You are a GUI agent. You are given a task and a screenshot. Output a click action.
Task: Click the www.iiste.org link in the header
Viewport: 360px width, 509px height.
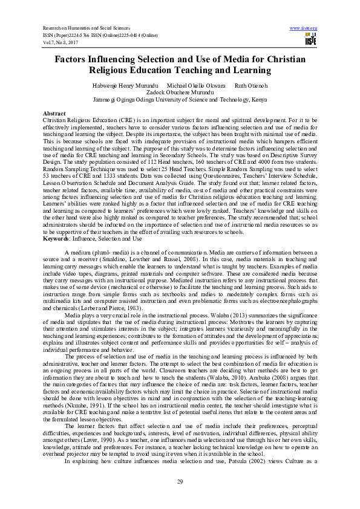(304, 28)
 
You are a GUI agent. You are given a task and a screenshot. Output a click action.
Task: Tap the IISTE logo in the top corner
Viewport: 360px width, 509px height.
(311, 41)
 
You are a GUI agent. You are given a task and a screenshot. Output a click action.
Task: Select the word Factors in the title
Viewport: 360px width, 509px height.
(74, 60)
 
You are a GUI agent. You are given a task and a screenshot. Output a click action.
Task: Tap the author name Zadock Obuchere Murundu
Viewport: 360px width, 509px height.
(180, 93)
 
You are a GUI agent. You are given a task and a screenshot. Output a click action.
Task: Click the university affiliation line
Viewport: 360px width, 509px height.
(180, 100)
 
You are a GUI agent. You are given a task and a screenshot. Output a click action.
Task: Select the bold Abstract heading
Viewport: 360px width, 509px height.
(54, 114)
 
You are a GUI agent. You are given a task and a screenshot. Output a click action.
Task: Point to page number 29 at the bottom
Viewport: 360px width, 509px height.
(180, 481)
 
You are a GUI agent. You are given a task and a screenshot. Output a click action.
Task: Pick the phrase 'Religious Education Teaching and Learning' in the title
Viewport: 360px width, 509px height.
(180, 71)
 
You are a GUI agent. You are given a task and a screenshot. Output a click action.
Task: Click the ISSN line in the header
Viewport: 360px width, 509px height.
(96, 36)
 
